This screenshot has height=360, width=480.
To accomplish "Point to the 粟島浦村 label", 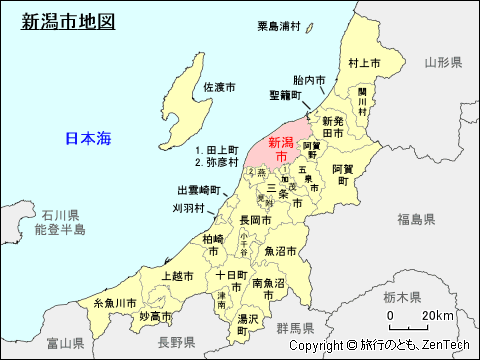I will tap(285, 26).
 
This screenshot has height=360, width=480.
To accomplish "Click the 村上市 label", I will tap(365, 63).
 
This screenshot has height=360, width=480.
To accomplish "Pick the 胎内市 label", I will tap(311, 80).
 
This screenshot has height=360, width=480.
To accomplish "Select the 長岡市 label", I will tap(255, 219).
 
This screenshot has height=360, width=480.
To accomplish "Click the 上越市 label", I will tap(178, 274).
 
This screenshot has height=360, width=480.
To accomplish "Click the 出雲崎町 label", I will tap(197, 189).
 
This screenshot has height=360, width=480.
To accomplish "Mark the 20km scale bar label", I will tap(436, 316).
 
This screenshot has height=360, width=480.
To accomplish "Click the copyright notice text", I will tap(379, 345).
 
